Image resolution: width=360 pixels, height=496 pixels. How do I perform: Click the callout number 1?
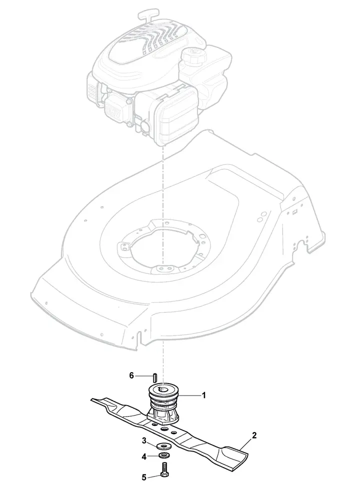click(204, 396)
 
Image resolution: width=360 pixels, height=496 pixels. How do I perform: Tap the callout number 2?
click(254, 435)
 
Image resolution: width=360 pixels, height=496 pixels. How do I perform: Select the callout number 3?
click(144, 441)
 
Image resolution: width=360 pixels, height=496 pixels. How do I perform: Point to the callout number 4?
click(144, 457)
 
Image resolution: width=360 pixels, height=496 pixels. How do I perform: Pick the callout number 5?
click(144, 478)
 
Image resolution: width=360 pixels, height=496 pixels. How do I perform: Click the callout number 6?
click(131, 376)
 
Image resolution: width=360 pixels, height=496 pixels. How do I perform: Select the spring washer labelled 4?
click(164, 456)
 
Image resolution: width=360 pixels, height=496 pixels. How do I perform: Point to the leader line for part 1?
click(189, 396)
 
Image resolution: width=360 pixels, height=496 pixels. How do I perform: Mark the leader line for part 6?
click(144, 376)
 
